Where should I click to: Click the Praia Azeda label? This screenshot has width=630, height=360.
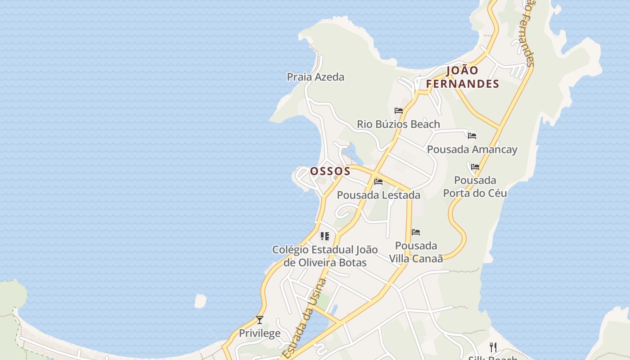315,77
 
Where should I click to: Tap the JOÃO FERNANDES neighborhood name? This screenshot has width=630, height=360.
463,77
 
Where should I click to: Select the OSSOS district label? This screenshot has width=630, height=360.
330,171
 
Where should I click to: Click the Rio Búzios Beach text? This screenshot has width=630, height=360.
398,124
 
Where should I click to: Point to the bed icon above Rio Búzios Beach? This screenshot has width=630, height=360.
398,110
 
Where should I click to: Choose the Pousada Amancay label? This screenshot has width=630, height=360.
472,149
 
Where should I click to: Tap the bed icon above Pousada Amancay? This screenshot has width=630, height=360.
472,135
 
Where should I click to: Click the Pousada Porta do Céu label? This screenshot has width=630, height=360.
475,187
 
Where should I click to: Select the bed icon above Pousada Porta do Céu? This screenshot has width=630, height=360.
475,167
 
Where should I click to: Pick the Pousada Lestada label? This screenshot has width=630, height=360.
378,195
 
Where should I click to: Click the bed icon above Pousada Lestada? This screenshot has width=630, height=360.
378,182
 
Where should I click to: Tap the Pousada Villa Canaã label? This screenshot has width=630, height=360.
416,252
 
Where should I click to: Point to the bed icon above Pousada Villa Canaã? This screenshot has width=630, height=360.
416,232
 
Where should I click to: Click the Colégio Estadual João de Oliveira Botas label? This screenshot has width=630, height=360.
325,256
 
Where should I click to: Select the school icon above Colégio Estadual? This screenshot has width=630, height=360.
325,236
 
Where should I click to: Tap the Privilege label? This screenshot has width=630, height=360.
260,333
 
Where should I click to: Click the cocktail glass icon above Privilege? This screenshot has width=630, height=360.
260,320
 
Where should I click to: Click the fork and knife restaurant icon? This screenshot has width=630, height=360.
493,347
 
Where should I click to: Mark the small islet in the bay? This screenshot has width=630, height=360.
200,301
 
